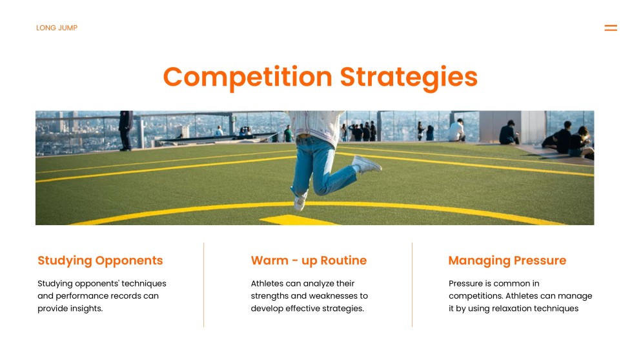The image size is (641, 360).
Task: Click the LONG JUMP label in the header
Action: click(x=57, y=28)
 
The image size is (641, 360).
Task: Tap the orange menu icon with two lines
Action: click(x=611, y=28)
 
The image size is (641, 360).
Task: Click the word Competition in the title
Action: click(x=248, y=77)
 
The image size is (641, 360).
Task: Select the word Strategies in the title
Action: click(x=409, y=77)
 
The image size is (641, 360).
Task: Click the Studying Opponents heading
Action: click(x=100, y=260)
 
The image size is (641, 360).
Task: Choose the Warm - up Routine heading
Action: click(x=309, y=260)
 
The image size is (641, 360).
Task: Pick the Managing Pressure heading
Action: click(x=507, y=260)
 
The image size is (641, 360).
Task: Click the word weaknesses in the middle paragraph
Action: click(x=329, y=296)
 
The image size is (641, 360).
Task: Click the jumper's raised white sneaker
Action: click(x=367, y=164)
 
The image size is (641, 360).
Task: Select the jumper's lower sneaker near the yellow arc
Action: click(x=300, y=201)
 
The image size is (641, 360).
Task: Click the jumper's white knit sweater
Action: click(x=316, y=125)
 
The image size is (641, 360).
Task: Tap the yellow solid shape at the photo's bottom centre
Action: click(x=299, y=220)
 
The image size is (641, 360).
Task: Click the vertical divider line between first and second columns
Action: click(x=203, y=285)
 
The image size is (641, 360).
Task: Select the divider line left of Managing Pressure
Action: click(x=412, y=285)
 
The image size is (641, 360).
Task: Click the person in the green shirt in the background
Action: click(x=289, y=134)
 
